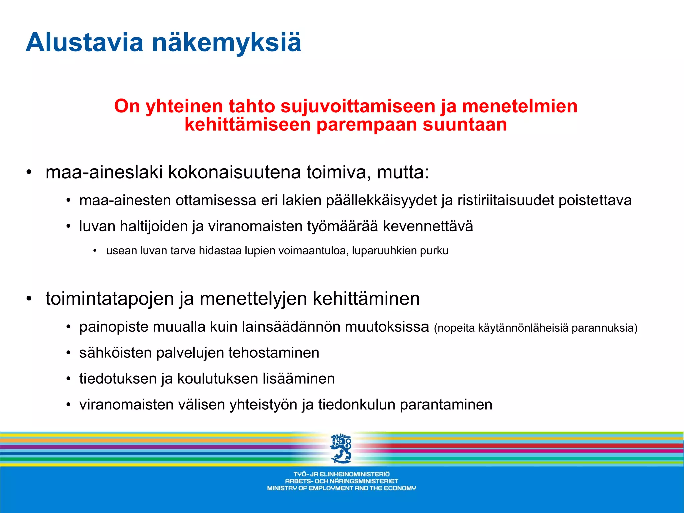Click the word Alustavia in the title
84,43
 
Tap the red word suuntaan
465,125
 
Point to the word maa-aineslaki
104,173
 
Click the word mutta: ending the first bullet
403,173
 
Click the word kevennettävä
428,226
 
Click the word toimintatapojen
110,299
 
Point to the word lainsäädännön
291,327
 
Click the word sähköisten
115,353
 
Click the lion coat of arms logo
341,448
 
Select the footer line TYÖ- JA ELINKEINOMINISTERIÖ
341,474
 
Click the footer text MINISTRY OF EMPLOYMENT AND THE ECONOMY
341,488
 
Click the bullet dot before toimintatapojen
29,299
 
